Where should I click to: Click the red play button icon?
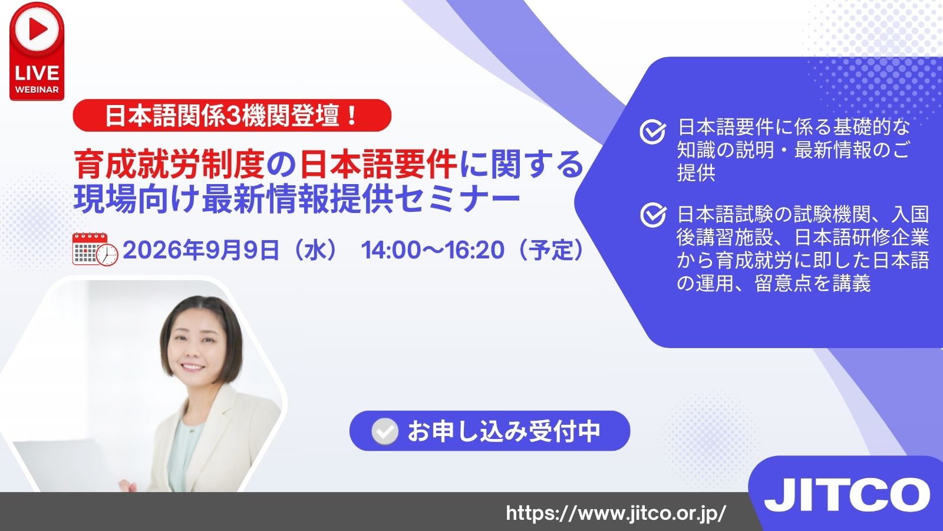(x=37, y=29)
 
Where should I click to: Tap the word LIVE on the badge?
(x=37, y=73)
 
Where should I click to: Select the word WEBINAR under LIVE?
(x=37, y=89)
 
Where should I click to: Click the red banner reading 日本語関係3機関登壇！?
(x=232, y=116)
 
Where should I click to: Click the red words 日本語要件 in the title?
(x=378, y=165)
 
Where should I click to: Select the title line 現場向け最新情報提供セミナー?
(x=297, y=198)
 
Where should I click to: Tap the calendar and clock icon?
(x=95, y=249)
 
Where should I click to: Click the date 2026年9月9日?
(x=201, y=250)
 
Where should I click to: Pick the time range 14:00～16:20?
(x=433, y=250)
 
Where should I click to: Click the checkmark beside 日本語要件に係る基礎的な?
(x=652, y=132)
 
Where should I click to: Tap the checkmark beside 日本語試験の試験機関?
(x=653, y=215)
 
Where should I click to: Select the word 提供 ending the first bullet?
(x=696, y=173)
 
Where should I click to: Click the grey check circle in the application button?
(x=385, y=431)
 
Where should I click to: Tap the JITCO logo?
(x=847, y=495)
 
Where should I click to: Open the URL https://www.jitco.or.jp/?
(x=616, y=513)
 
